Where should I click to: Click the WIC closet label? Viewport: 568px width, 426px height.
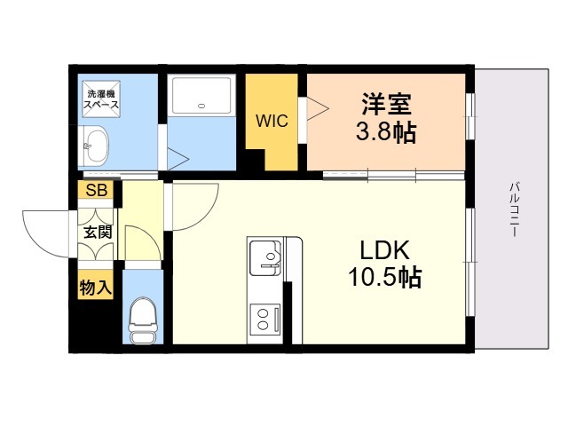pos(272,121)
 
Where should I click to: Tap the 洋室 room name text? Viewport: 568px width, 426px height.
pos(386,104)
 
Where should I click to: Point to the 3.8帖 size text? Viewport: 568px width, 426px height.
pos(386,132)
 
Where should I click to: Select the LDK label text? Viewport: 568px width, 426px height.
pos(384,250)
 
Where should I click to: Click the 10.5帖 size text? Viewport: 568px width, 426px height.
pos(384,278)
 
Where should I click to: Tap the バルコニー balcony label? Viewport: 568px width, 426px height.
pos(514,209)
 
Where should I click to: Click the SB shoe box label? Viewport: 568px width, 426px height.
pos(97,190)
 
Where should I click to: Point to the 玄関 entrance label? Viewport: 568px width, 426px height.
pos(98,233)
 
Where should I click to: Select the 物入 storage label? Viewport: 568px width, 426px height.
pos(96,288)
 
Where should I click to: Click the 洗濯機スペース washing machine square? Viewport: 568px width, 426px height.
pos(101,99)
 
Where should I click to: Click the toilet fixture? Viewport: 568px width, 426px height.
pos(144,319)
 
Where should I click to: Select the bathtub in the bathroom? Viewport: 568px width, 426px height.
pos(201,95)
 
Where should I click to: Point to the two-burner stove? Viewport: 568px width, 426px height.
pos(265,319)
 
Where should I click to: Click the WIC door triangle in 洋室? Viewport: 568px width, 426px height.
pos(318,108)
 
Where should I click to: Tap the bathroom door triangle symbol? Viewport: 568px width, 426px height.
pos(177,159)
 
